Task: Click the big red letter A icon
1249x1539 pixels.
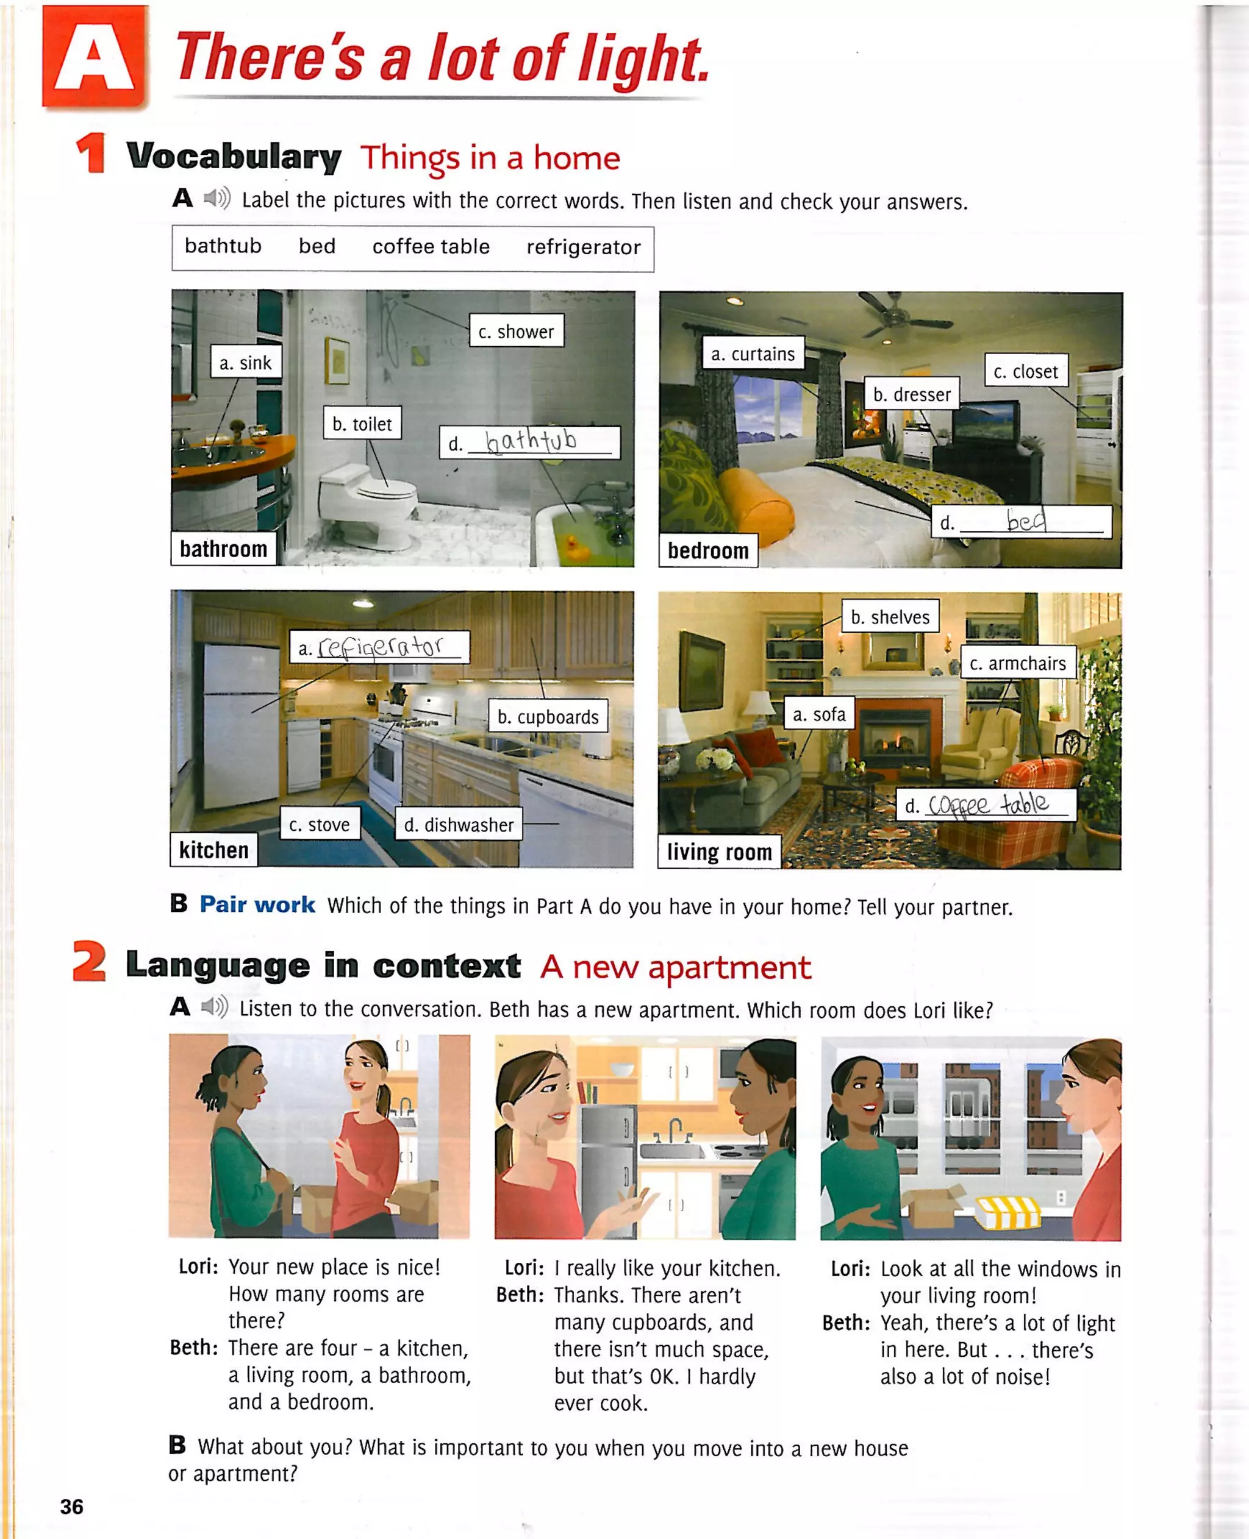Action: point(95,57)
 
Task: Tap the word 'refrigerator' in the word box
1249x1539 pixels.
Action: point(583,247)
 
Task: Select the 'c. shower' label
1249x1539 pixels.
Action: point(516,332)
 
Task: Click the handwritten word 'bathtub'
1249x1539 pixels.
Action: point(531,440)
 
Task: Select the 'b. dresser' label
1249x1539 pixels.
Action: point(911,394)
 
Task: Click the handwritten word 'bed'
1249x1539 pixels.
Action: point(1026,520)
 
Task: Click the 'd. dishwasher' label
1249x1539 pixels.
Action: point(458,825)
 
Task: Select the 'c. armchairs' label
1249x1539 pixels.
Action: point(1017,663)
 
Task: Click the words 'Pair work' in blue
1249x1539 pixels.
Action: point(257,905)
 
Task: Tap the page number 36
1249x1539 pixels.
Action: point(71,1506)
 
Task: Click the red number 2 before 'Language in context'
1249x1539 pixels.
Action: point(89,963)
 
